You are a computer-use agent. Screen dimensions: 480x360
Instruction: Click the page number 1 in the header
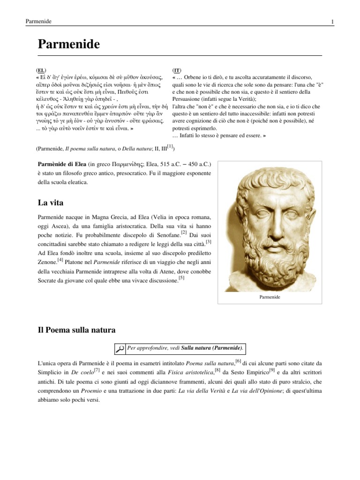[332, 22]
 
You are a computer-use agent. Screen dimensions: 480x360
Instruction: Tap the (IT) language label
[177, 70]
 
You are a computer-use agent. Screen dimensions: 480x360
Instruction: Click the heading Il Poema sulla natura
[76, 330]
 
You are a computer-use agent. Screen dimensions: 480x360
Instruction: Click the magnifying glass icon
[120, 348]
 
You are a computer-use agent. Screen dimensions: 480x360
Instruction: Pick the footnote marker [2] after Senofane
[184, 232]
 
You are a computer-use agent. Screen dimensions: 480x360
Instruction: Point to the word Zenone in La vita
[46, 263]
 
